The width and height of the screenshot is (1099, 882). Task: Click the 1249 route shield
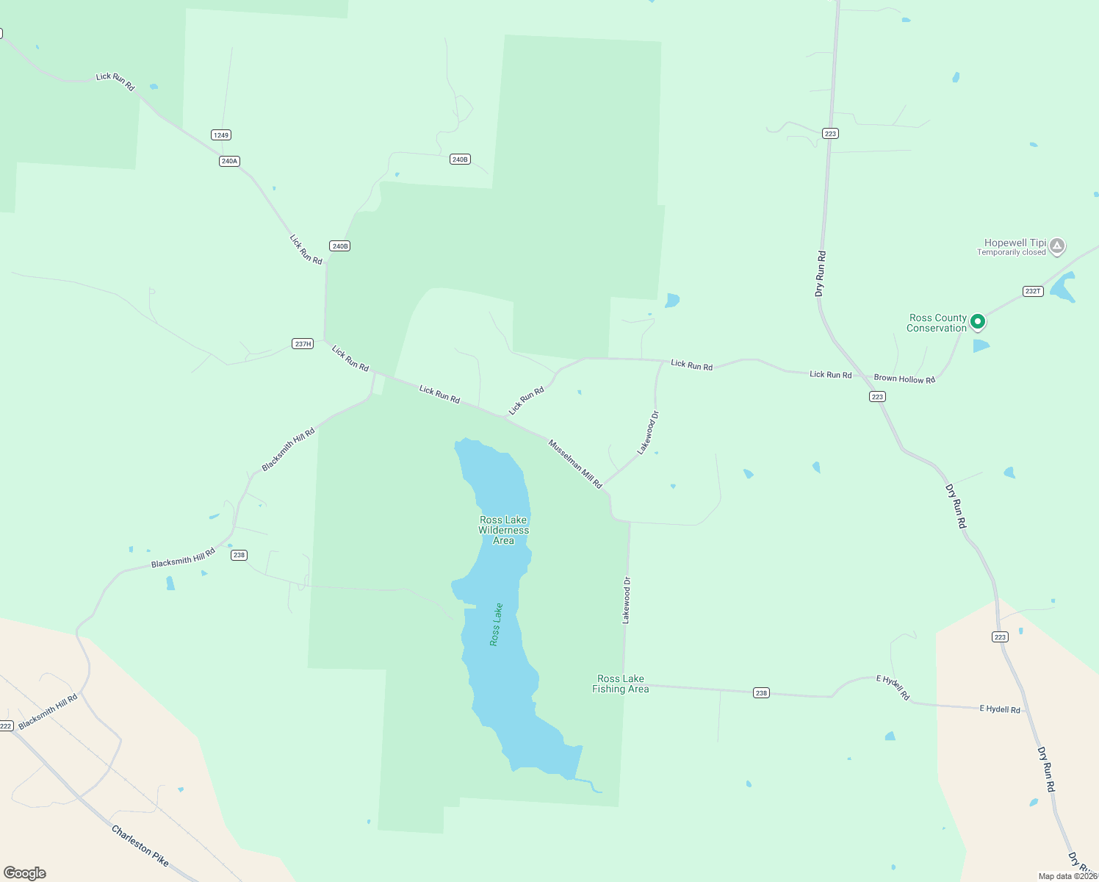pos(221,135)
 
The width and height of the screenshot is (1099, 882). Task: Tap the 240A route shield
pos(229,161)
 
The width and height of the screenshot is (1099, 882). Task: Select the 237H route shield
pos(303,343)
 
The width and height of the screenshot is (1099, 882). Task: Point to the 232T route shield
pos(1033,291)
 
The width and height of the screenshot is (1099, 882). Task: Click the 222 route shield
pos(6,725)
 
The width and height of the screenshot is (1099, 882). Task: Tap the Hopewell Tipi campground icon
pos(1057,245)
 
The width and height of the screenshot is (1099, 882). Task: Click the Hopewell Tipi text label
pos(1015,243)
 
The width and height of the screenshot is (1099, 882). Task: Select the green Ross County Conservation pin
pos(977,321)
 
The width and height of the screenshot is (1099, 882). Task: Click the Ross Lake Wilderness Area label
pos(504,530)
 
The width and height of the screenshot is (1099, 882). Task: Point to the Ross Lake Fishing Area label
pos(621,684)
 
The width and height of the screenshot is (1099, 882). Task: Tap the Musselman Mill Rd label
pos(575,464)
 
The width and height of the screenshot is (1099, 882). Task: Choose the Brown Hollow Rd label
pos(904,379)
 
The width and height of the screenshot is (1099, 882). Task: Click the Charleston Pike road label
pos(140,845)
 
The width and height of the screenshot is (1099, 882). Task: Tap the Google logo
pos(25,872)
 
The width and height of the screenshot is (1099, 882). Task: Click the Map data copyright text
pos(1067,876)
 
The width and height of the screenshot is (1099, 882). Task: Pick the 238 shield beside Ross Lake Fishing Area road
pos(761,692)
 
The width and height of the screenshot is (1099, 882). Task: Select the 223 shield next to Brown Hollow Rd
pos(877,396)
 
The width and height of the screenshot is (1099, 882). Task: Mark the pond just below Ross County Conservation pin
pos(981,345)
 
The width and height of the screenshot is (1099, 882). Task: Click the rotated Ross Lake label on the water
pos(497,625)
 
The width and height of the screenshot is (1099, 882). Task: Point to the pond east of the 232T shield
pos(1063,287)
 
